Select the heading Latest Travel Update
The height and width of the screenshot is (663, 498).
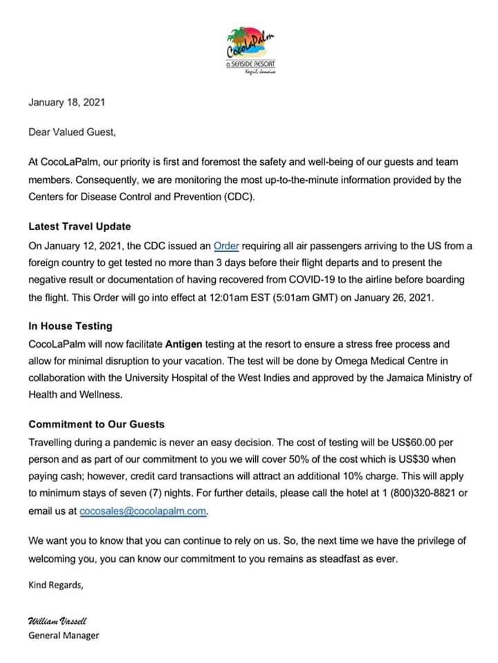click(x=80, y=226)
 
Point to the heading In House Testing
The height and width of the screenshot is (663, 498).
click(x=70, y=325)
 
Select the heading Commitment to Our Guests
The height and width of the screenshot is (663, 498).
click(x=96, y=424)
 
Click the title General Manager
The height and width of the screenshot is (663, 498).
click(x=64, y=635)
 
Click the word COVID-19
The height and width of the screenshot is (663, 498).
click(x=304, y=279)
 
